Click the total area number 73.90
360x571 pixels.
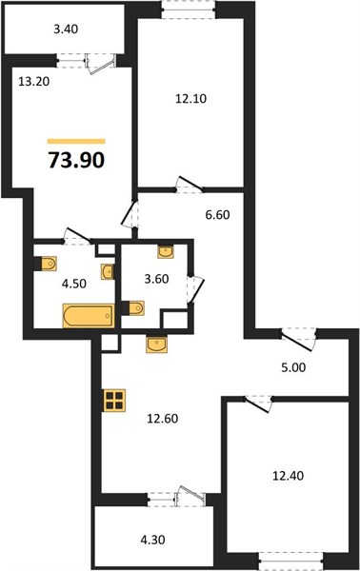click(76, 160)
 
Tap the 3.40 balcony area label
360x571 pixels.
click(66, 30)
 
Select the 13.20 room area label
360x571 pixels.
click(34, 81)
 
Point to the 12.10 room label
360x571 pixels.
click(190, 98)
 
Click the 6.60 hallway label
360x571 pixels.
click(217, 215)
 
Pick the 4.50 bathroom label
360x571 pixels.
click(74, 284)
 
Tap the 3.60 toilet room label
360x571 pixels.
click(157, 279)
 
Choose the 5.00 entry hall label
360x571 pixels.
click(293, 367)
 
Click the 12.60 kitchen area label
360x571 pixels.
click(163, 419)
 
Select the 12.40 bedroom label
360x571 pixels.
click(289, 476)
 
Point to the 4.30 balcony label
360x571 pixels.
click(152, 540)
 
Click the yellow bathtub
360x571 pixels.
click(89, 316)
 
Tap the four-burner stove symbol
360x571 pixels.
click(115, 401)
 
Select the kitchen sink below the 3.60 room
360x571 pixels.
click(157, 345)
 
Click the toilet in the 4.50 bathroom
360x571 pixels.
click(46, 264)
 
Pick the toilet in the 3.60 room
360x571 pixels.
click(133, 308)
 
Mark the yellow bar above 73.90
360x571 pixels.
click(76, 141)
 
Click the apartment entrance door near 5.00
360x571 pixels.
click(298, 340)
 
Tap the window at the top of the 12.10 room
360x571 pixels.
click(189, 10)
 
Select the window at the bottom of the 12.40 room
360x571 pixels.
click(290, 561)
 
